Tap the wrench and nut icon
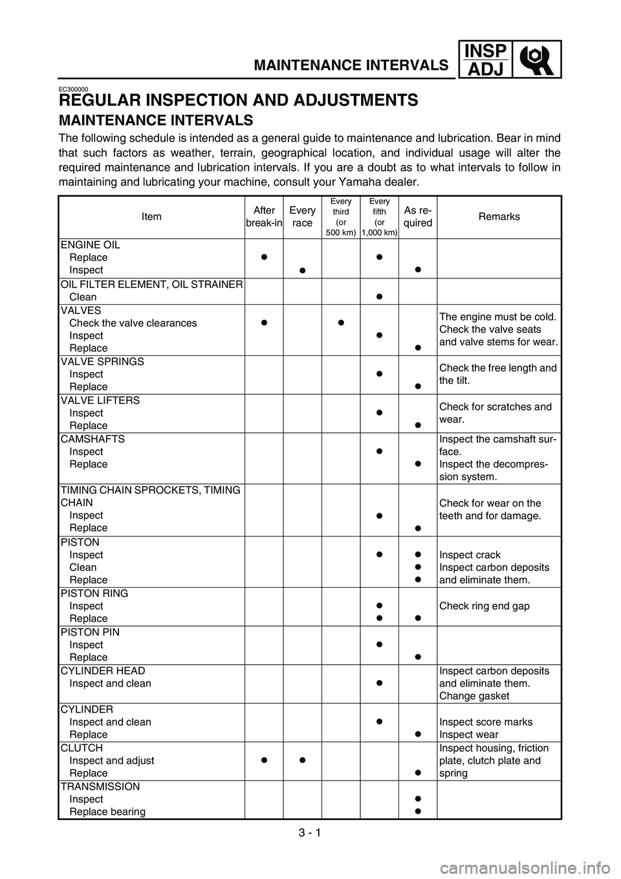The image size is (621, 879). point(537,59)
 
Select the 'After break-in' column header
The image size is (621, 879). point(265,216)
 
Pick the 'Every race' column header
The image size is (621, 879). point(302,216)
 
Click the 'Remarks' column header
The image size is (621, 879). point(499,216)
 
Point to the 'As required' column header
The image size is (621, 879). point(418,216)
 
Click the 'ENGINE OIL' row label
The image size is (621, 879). point(90,245)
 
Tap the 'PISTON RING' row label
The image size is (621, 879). point(94,594)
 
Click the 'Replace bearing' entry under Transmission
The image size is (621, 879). point(107,812)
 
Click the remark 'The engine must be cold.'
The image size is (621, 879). point(497,317)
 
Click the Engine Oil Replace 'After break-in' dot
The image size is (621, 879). point(265,257)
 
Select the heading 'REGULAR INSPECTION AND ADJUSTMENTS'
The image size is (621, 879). point(238,100)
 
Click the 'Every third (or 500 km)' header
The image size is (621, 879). point(341,216)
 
